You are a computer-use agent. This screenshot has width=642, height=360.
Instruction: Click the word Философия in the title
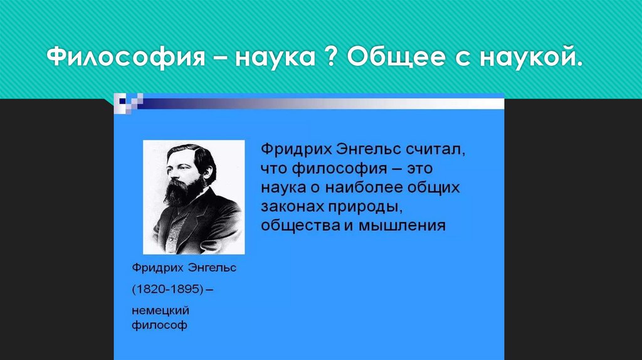coord(125,56)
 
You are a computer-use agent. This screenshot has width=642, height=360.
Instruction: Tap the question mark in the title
coord(332,56)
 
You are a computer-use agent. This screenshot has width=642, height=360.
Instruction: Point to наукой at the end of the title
coord(530,56)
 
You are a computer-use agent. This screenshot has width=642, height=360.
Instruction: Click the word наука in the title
coord(275,58)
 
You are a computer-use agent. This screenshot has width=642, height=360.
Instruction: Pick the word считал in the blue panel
coord(435,149)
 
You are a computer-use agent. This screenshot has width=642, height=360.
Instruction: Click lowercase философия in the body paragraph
coord(339,169)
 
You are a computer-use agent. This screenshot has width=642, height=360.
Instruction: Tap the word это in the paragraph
coord(419,168)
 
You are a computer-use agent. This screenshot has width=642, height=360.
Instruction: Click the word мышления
coord(402,226)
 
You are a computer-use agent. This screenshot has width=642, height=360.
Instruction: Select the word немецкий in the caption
coord(160,311)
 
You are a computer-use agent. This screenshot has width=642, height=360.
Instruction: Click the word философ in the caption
coord(159,326)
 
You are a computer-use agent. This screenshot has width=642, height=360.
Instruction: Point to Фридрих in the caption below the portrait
coord(157,268)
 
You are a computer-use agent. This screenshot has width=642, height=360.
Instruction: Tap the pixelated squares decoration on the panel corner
coord(129,103)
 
